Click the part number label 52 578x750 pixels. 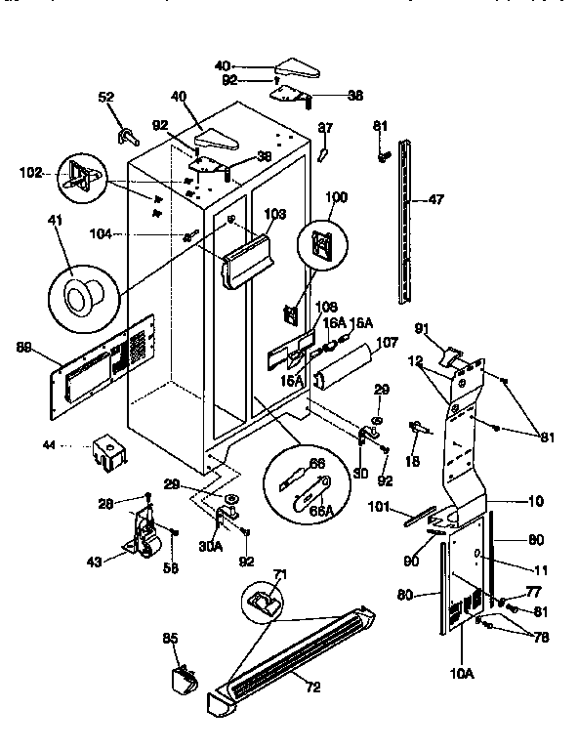point(106,97)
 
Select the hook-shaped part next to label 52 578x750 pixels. point(127,133)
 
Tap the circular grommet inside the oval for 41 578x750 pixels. point(77,292)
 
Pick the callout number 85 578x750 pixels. point(170,640)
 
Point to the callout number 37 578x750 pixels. point(325,127)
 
